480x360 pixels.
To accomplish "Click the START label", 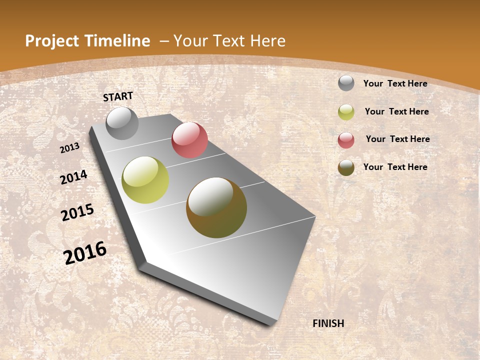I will pos(118,96).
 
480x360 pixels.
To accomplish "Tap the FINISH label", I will pos(328,323).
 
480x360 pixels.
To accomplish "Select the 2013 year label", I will pos(70,147).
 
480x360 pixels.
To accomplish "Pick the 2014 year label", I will pos(73,177).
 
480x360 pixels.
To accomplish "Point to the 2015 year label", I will pos(77,212).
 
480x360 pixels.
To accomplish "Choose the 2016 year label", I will pos(85,252).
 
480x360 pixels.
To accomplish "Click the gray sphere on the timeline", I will pos(122,123).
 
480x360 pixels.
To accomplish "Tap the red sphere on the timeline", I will pos(189,140).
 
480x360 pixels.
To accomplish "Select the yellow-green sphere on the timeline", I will pos(145,180).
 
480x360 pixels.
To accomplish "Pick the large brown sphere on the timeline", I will pos(216,207).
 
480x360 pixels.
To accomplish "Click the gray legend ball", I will pos(346,83).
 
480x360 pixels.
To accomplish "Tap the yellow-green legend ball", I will pos(346,112).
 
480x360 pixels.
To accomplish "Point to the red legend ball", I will pos(346,140).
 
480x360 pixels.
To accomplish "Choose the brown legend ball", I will pos(346,167).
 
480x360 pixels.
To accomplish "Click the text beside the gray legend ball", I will pos(395,83).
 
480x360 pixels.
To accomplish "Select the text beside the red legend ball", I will pos(397,139).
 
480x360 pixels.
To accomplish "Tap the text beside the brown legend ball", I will pos(395,167).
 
